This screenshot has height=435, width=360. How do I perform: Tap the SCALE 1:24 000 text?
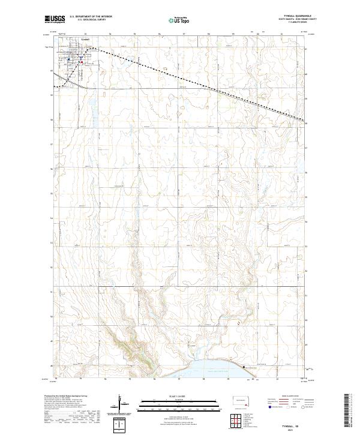[179, 395]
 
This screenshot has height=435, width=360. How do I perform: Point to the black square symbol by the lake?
[244, 367]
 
